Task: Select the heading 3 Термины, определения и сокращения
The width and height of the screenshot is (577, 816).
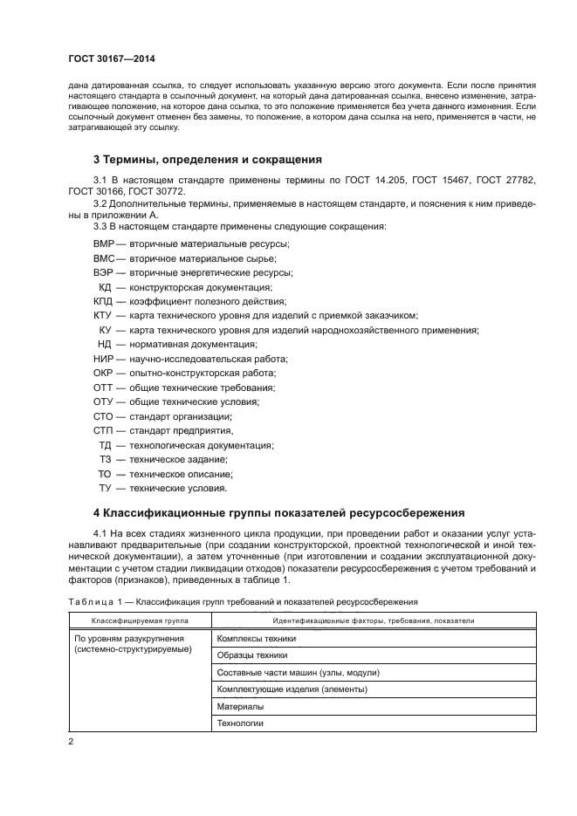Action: (x=208, y=160)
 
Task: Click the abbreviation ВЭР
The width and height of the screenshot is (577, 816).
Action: (x=104, y=273)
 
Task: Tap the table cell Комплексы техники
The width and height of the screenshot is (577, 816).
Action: (x=256, y=639)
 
